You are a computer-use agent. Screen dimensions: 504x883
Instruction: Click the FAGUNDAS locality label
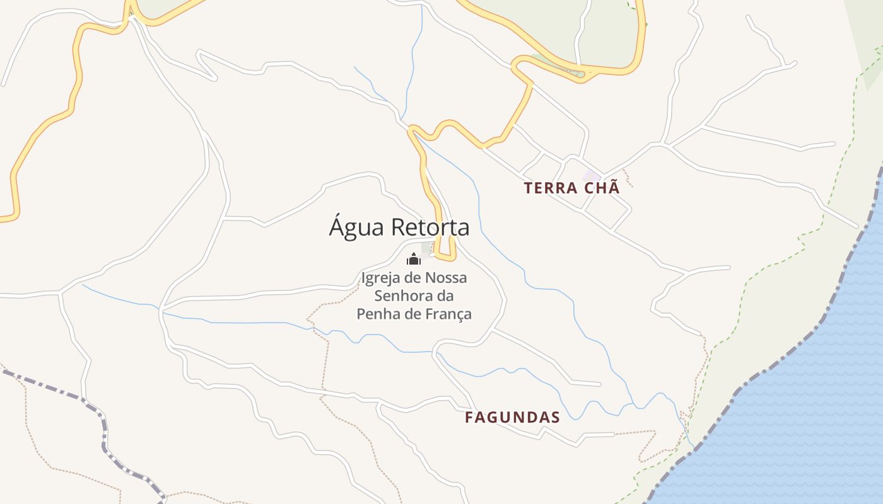tap(512, 417)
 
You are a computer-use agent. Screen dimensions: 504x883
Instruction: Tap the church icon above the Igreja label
tap(414, 259)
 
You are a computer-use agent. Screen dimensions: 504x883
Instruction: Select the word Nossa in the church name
tap(446, 278)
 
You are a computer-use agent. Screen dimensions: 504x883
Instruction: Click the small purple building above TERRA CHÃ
tap(592, 176)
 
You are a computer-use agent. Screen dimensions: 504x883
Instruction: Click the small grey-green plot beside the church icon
tap(426, 248)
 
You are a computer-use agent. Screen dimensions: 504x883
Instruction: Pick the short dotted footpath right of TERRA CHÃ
tap(627, 178)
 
